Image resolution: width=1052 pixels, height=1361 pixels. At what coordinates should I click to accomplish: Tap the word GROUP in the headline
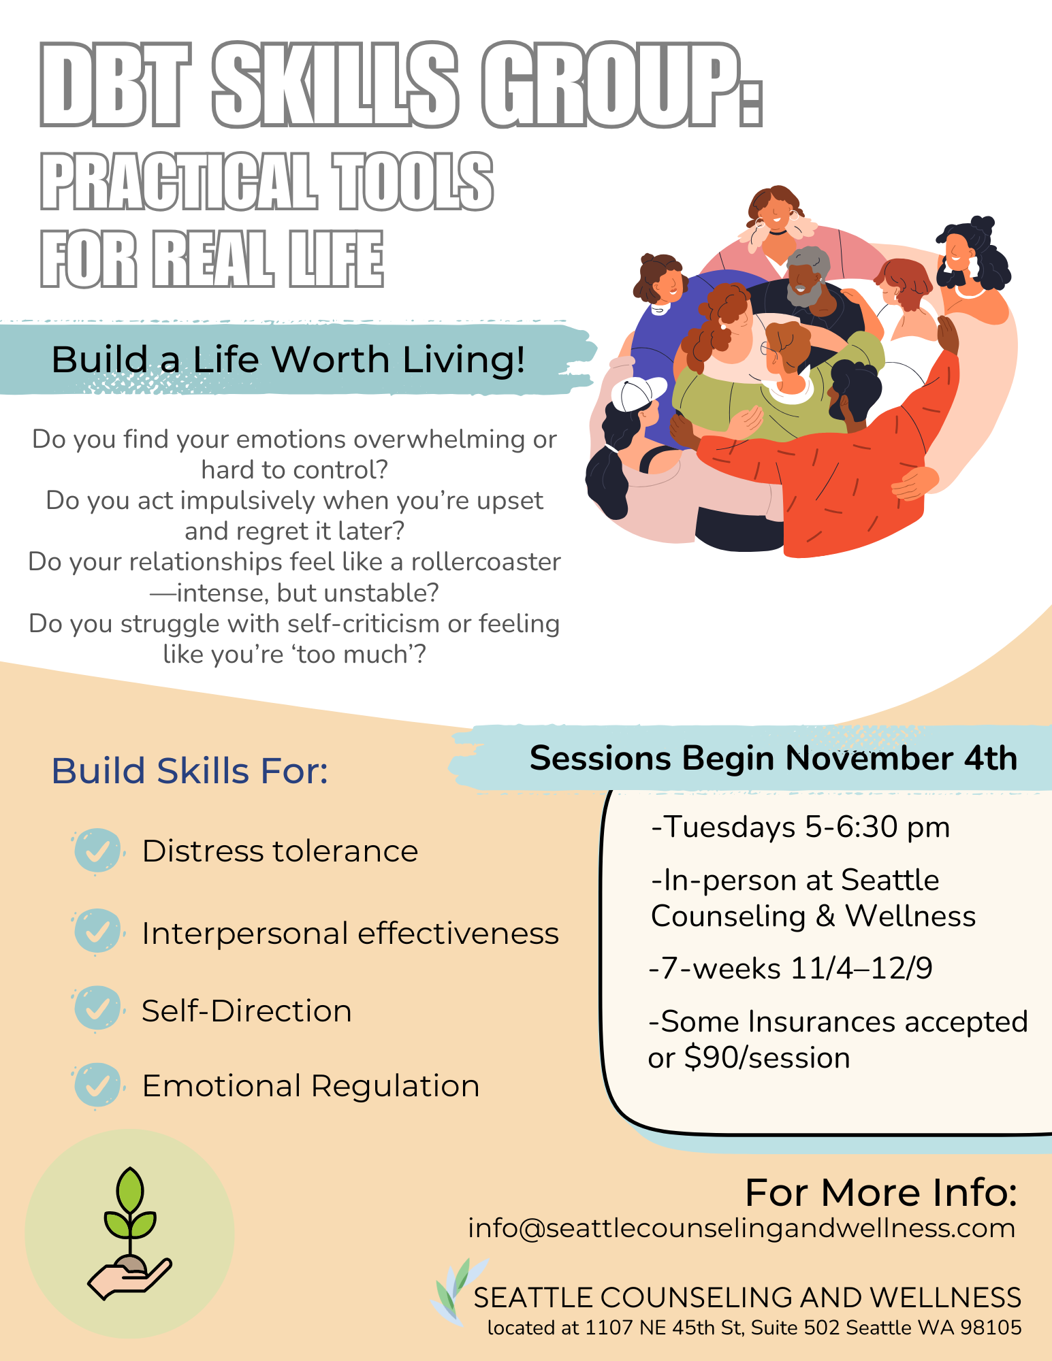click(613, 85)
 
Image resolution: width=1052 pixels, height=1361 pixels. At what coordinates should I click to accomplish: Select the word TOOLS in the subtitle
click(413, 182)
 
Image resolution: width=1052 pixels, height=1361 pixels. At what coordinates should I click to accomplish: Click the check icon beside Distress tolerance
click(97, 851)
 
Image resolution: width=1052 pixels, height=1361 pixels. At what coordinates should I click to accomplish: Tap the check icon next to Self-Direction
click(97, 1009)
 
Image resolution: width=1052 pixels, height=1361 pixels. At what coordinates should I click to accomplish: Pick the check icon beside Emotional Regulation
click(97, 1085)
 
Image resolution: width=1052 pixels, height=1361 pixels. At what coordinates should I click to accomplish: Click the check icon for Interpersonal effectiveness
click(97, 932)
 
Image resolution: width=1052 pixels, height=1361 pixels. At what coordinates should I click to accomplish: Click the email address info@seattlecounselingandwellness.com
click(742, 1228)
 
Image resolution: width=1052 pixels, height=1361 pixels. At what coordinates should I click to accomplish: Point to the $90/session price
click(767, 1058)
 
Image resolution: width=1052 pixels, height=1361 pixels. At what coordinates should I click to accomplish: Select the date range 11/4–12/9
click(861, 968)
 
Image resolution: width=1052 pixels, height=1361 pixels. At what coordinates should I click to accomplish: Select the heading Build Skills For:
click(190, 771)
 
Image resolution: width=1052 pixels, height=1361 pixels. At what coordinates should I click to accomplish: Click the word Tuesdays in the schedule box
click(729, 827)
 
